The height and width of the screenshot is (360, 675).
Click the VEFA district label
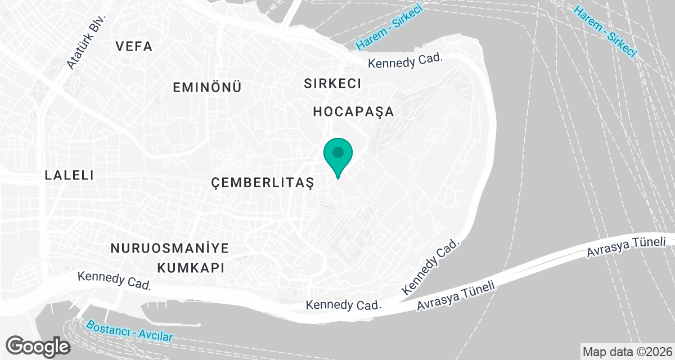pyautogui.click(x=134, y=47)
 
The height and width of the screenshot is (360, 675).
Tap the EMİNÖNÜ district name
pyautogui.click(x=207, y=88)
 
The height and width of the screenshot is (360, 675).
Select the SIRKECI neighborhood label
pyautogui.click(x=332, y=84)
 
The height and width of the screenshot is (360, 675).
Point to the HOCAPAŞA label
pyautogui.click(x=353, y=112)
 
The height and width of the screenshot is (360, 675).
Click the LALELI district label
pyautogui.click(x=69, y=175)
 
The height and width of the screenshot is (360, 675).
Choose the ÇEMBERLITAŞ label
pyautogui.click(x=262, y=182)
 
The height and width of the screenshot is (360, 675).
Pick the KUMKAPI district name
pyautogui.click(x=191, y=267)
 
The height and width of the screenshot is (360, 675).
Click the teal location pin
pyautogui.click(x=338, y=156)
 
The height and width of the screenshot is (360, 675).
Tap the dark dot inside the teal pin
pyautogui.click(x=338, y=152)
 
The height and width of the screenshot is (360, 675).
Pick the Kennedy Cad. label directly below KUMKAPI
pyautogui.click(x=115, y=280)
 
